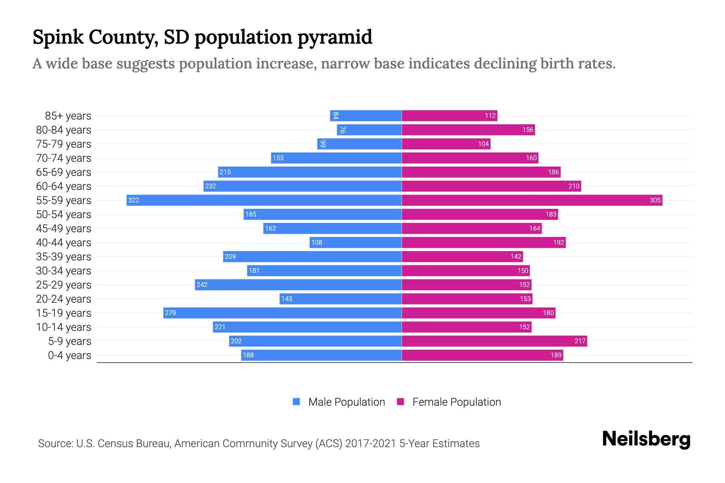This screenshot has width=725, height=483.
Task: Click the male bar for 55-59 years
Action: click(264, 200)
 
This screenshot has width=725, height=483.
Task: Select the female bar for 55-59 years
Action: click(532, 200)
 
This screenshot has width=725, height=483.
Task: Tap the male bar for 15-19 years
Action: click(282, 313)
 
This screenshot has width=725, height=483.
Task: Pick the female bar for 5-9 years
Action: click(494, 341)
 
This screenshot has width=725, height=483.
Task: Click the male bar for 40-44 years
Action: click(355, 242)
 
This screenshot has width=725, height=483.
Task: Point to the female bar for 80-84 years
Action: click(468, 130)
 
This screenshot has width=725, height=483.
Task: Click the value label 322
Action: click(134, 200)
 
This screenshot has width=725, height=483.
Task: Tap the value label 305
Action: click(655, 200)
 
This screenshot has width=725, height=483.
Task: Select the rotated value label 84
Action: click(336, 116)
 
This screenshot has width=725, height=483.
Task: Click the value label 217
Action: click(580, 341)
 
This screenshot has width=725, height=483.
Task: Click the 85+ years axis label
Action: click(68, 116)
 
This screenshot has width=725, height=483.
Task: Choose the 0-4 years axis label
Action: click(69, 355)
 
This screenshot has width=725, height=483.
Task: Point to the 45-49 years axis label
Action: click(64, 229)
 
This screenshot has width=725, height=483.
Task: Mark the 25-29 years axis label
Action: click(64, 285)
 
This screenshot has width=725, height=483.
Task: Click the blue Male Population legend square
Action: click(296, 402)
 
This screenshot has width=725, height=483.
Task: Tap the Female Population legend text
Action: click(456, 402)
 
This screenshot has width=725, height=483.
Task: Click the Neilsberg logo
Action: click(646, 439)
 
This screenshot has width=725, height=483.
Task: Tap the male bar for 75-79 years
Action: click(359, 144)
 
